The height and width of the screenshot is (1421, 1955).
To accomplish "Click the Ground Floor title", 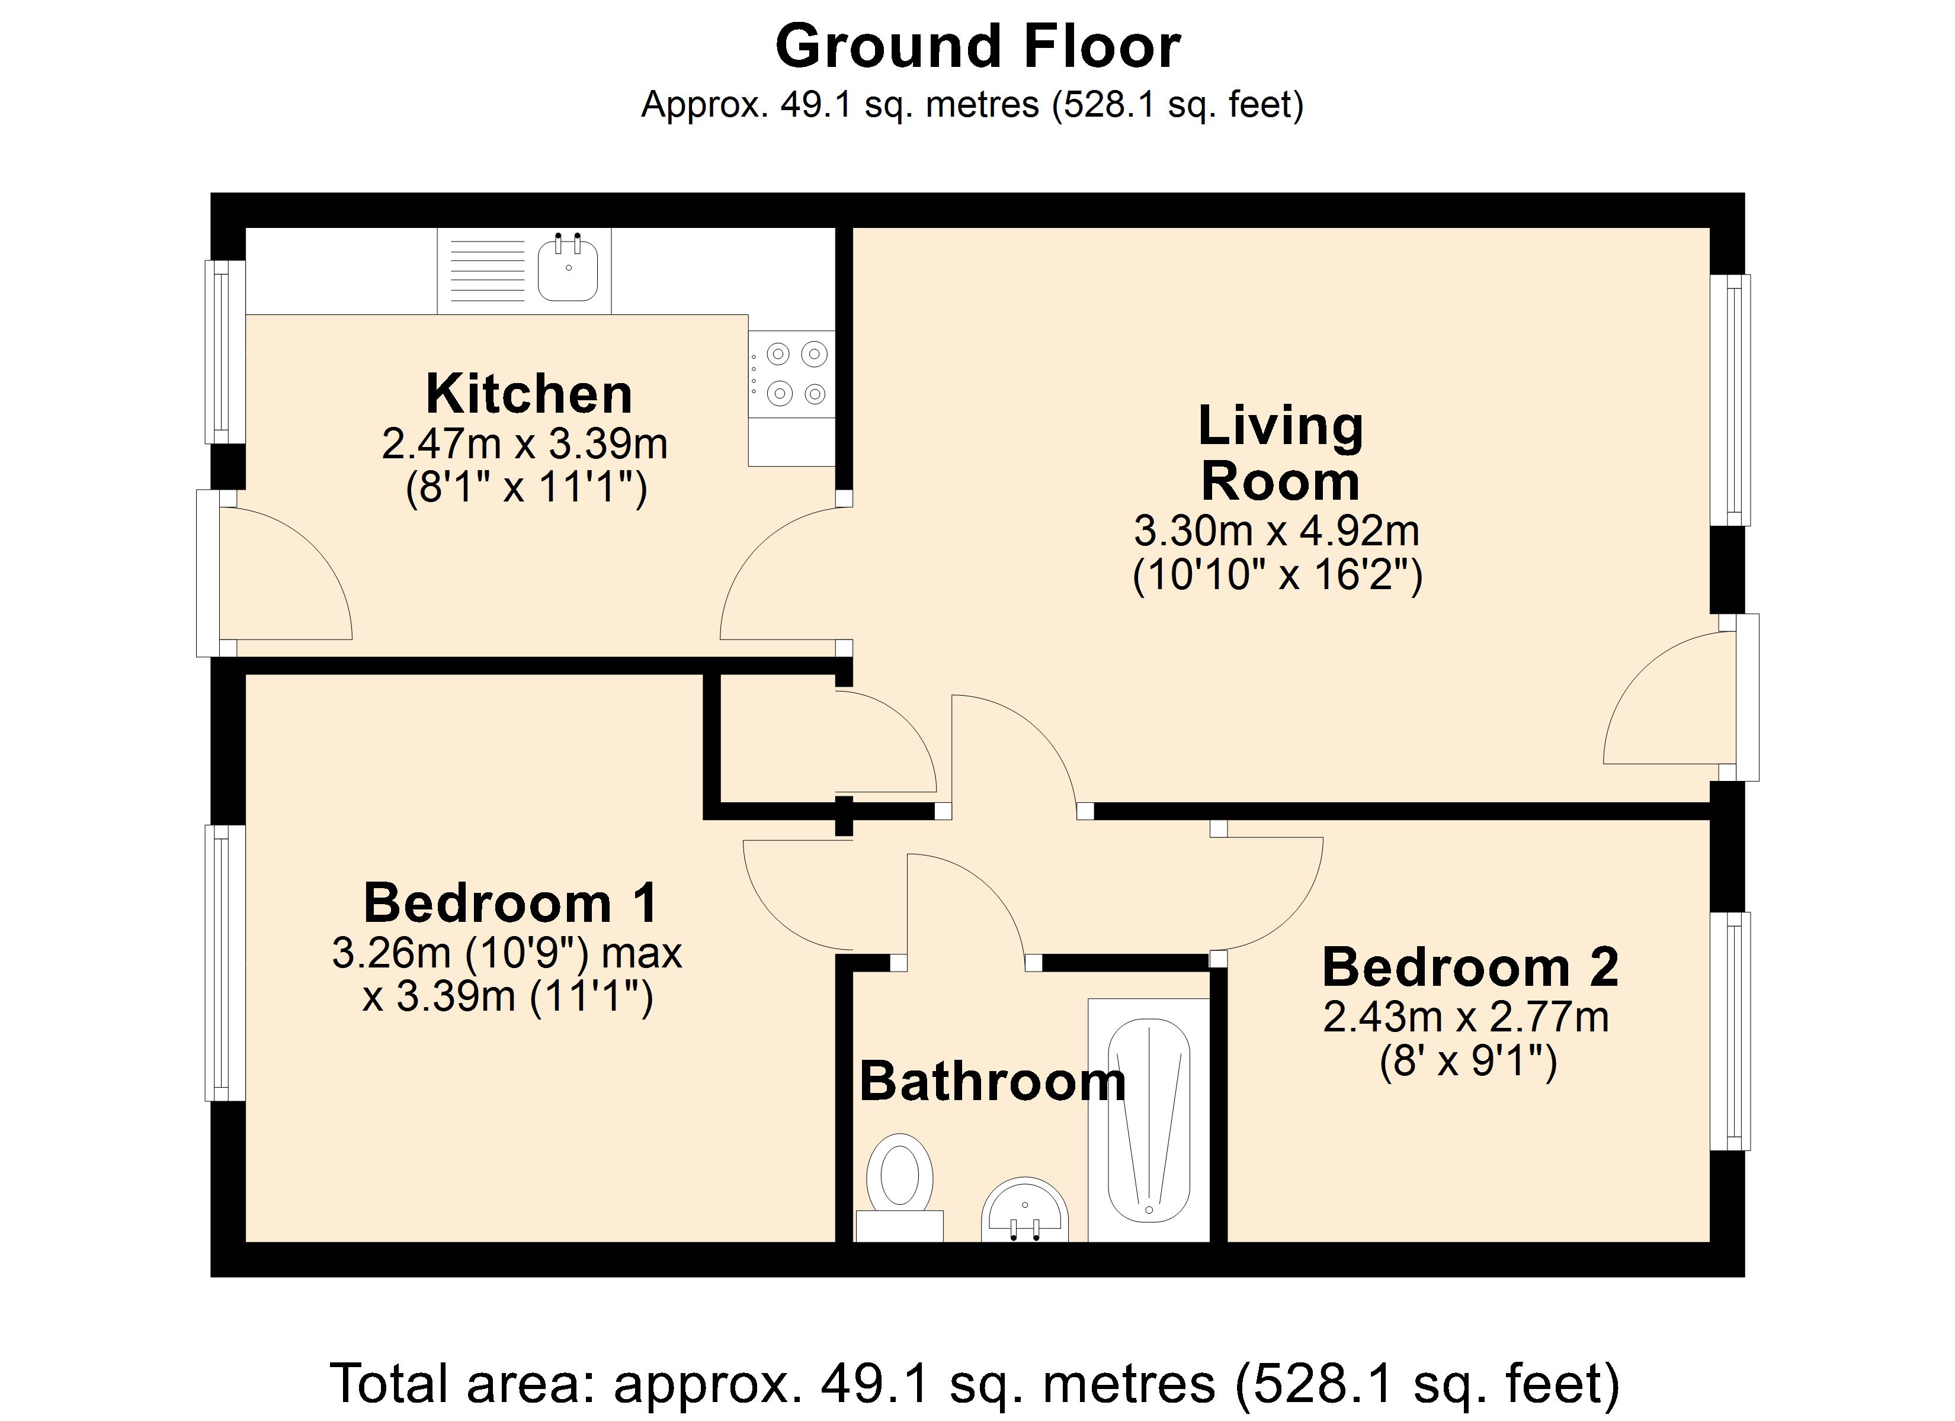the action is [x=977, y=47].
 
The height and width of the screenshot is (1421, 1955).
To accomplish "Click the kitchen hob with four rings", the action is [x=791, y=374].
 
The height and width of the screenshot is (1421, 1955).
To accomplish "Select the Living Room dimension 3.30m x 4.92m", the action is [x=1277, y=531].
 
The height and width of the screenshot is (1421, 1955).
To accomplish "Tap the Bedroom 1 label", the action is [x=511, y=902].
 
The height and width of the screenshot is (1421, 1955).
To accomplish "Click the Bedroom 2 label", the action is [x=1470, y=967].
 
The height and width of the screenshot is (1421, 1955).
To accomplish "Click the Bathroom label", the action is [x=993, y=1082].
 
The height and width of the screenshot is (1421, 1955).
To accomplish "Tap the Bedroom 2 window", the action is [x=1730, y=1031].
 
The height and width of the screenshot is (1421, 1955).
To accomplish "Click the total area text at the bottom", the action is [x=975, y=1383].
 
